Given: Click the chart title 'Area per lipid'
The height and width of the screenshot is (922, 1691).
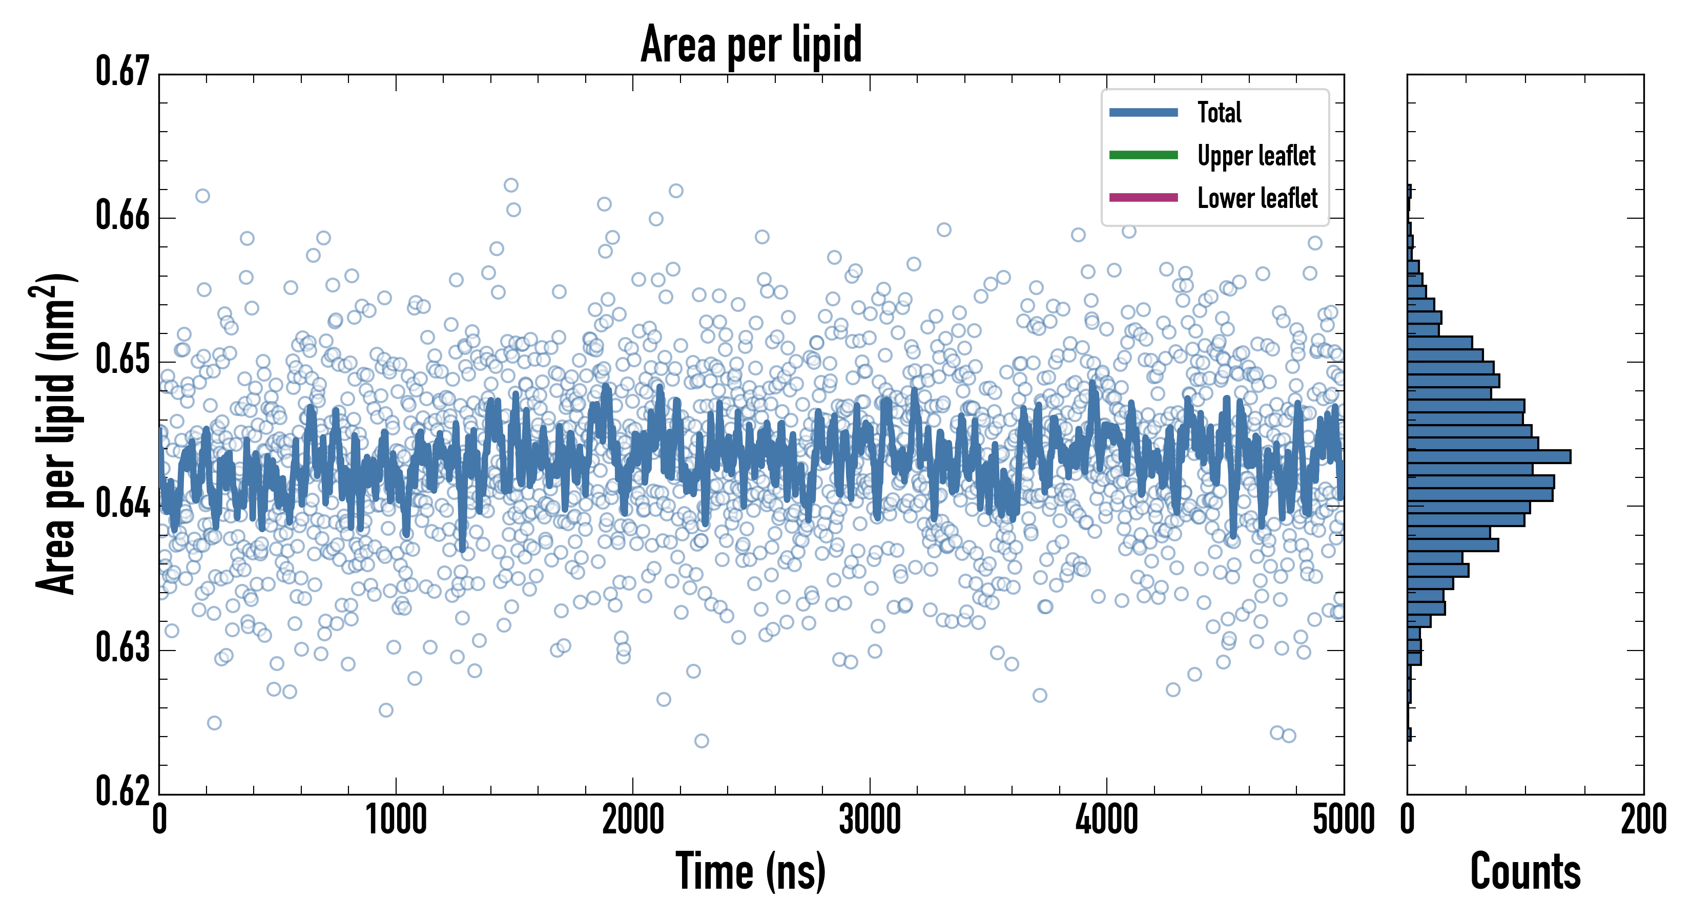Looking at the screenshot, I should coord(751,44).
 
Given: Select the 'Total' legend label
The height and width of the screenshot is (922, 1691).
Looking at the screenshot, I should coord(1219,112).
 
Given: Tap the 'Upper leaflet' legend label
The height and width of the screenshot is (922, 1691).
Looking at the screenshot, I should coord(1256,156).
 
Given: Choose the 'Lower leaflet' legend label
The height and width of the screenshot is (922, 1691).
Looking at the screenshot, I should coord(1257,198).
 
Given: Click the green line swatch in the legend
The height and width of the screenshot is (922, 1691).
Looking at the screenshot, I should coord(1143,155).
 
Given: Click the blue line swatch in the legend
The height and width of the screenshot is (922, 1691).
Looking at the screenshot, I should coord(1143,112).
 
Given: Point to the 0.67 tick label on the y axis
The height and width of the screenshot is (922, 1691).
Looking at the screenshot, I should coord(123,72).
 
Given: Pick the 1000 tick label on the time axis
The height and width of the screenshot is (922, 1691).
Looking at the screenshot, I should coord(396,820).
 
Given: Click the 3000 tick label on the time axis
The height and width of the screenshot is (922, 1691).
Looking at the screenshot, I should coord(870,820).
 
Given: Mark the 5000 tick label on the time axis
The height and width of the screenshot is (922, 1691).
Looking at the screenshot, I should coord(1343,820).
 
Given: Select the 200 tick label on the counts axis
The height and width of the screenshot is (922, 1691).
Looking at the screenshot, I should coord(1643,820).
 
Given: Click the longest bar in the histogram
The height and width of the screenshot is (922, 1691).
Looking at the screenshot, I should coord(1489,456).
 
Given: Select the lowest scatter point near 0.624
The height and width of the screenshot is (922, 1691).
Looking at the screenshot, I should coord(701,741).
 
